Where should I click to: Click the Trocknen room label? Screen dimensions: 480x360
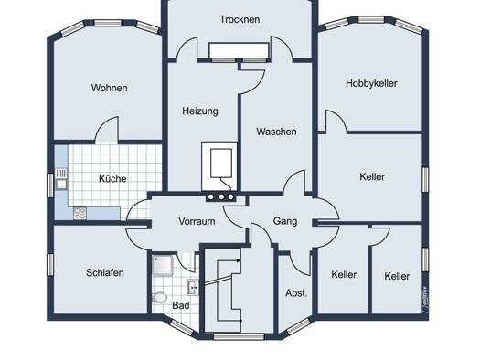click(x=240, y=19)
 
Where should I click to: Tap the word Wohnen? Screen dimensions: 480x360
click(x=110, y=88)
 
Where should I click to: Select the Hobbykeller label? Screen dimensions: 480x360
click(x=371, y=83)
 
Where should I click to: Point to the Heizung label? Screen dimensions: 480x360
click(x=200, y=111)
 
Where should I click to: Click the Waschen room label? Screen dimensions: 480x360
click(x=276, y=132)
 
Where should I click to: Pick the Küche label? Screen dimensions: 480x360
click(x=112, y=178)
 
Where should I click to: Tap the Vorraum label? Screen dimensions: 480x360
click(x=197, y=221)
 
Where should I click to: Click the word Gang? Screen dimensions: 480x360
click(x=285, y=221)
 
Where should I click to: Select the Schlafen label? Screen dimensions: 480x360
click(x=105, y=272)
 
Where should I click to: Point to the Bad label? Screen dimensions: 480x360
click(x=181, y=305)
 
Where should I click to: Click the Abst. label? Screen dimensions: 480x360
click(x=296, y=293)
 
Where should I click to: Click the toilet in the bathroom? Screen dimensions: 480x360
click(x=159, y=298)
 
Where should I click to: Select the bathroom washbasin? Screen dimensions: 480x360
click(x=193, y=287)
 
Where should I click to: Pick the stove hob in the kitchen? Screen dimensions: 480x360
click(x=80, y=213)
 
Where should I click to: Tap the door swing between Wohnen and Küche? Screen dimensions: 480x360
click(x=107, y=130)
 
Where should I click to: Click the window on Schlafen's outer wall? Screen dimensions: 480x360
click(x=50, y=265)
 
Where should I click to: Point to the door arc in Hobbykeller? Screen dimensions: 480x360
click(x=336, y=122)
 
